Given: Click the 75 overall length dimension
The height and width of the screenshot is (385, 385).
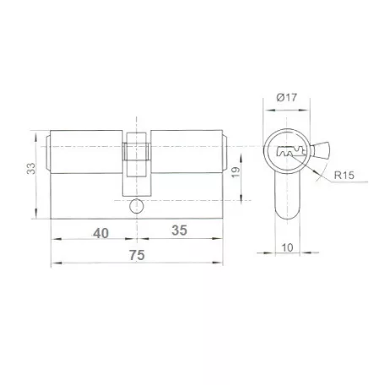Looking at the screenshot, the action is [x=137, y=255].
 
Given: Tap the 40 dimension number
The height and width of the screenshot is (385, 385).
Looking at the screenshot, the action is [x=101, y=233].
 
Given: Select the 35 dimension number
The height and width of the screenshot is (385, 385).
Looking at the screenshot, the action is [x=179, y=230].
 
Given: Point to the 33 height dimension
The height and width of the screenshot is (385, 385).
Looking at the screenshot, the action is [x=31, y=168].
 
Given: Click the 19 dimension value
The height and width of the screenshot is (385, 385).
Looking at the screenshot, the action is [x=236, y=172].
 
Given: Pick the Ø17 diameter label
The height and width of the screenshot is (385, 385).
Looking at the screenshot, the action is [x=286, y=97].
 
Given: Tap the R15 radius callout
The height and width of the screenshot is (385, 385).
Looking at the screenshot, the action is [x=344, y=176].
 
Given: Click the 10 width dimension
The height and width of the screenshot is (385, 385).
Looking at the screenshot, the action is [x=287, y=248].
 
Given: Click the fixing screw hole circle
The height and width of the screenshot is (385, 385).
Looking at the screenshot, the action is [x=137, y=206].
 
